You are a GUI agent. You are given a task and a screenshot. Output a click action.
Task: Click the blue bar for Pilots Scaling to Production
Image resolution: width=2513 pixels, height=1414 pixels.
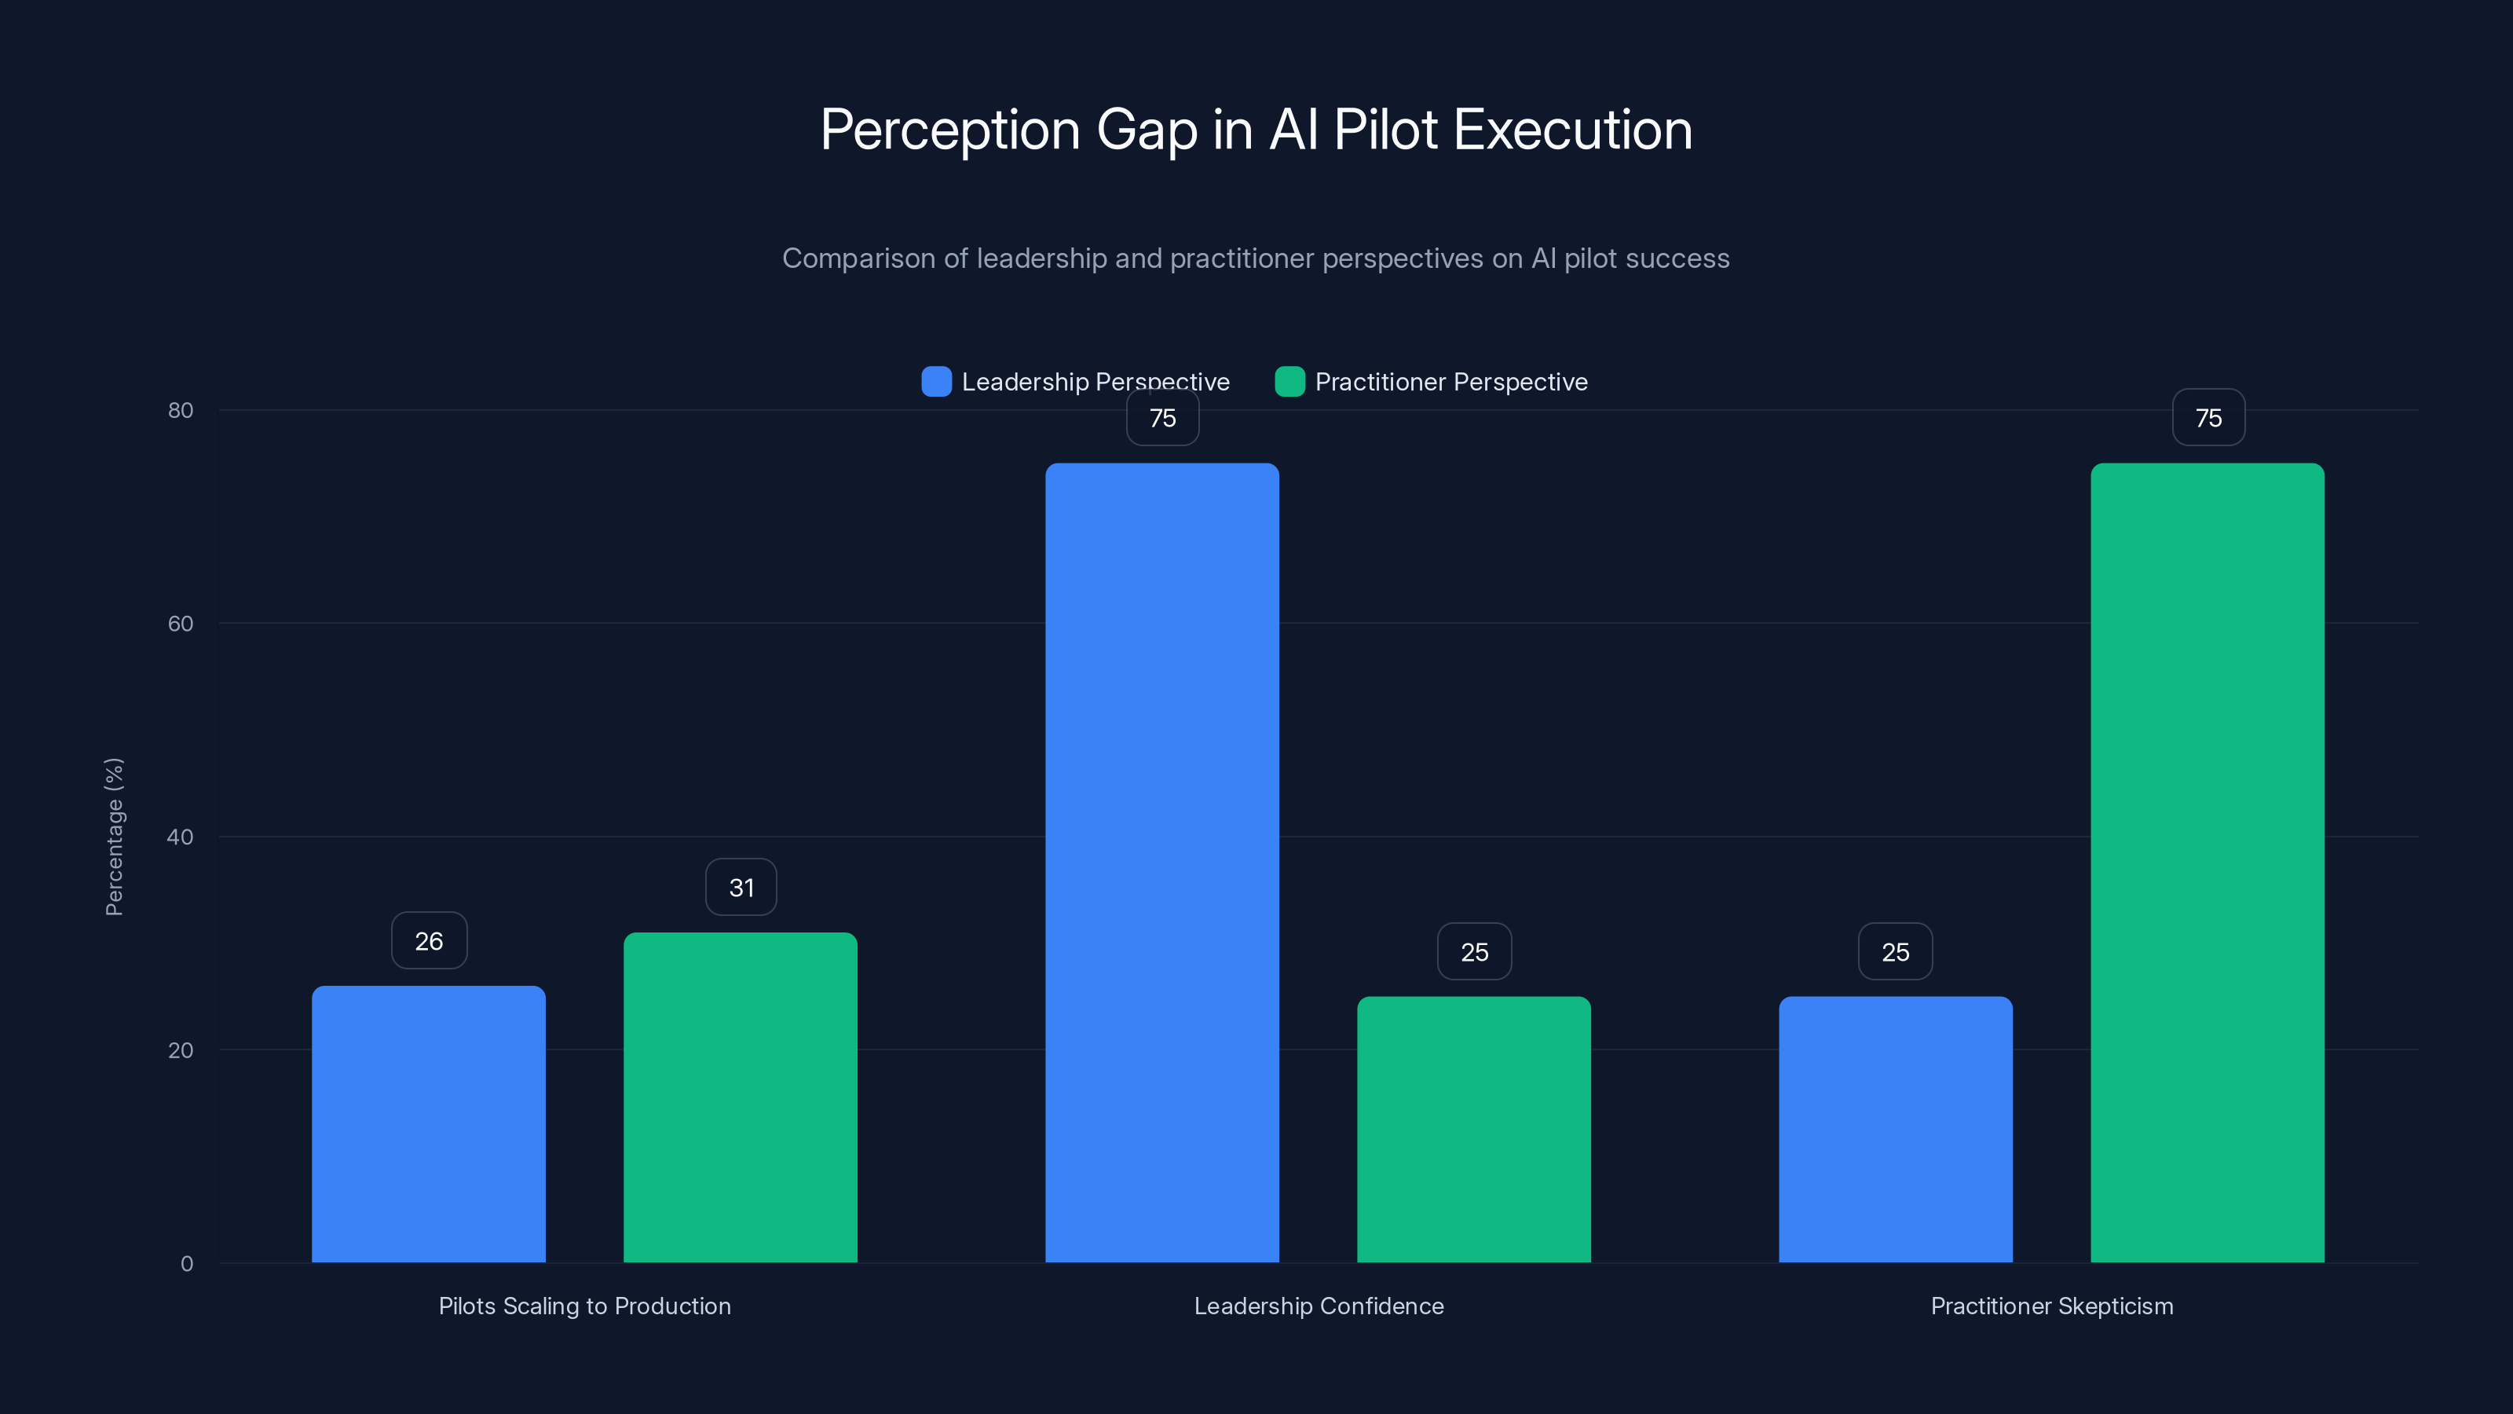pos(428,1123)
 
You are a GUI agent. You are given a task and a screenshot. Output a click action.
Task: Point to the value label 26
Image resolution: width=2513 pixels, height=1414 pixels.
pos(430,941)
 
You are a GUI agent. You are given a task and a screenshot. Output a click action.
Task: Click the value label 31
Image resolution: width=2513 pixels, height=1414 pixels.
pos(741,887)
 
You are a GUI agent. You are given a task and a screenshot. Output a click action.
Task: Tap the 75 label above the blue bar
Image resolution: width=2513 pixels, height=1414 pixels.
pos(1163,418)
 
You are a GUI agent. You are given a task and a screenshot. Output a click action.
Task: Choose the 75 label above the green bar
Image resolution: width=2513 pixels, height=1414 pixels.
pos(2208,418)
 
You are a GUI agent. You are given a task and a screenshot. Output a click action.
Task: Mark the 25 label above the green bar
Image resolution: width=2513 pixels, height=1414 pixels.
pos(1474,951)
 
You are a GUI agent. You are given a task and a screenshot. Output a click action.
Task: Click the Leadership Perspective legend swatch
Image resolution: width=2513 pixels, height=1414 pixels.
pos(937,382)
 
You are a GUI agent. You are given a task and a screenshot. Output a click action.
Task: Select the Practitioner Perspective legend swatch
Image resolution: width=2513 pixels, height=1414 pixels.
pos(1289,382)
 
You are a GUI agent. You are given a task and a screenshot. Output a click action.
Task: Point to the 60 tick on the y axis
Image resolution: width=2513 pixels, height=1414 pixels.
pos(181,624)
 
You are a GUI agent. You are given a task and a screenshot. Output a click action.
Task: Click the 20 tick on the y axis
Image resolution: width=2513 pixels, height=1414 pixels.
pos(181,1050)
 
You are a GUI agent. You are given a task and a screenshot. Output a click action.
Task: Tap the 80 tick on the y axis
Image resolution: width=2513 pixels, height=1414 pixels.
pos(181,410)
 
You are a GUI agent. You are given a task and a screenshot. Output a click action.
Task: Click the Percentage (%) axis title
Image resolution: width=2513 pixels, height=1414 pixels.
pos(114,837)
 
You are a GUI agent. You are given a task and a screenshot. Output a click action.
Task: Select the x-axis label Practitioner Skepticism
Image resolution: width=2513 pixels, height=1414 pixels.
pos(2051,1306)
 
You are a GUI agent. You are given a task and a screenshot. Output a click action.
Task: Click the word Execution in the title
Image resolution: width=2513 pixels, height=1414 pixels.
pos(1572,130)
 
